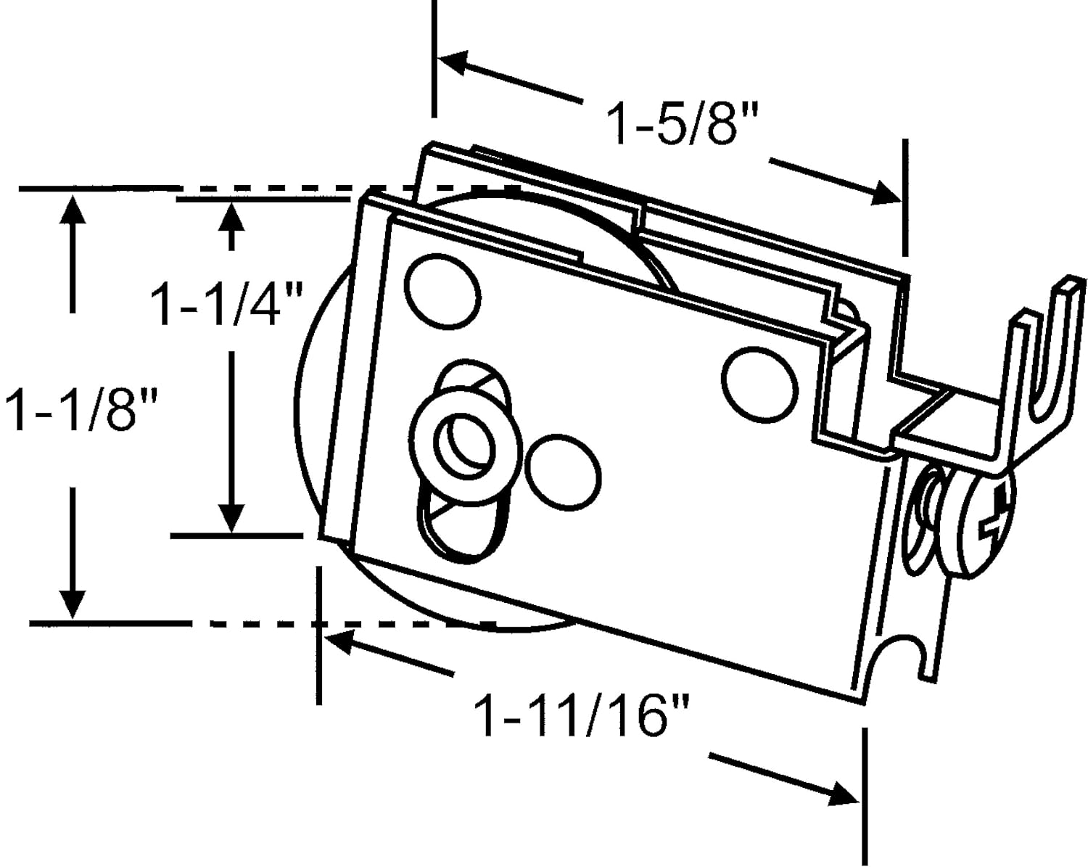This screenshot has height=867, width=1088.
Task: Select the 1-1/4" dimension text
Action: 226,304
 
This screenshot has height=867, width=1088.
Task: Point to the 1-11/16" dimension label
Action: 580,715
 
